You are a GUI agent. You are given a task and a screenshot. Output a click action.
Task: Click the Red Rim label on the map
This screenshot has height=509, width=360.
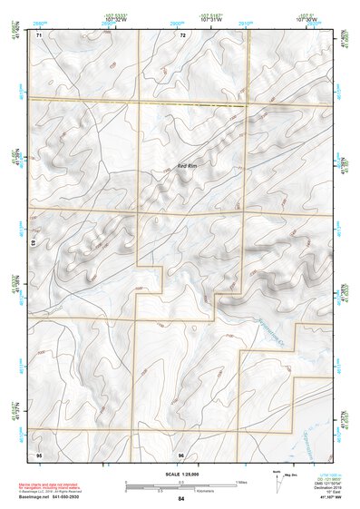[187, 166]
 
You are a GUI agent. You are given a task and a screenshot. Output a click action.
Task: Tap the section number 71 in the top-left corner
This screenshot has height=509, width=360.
[39, 35]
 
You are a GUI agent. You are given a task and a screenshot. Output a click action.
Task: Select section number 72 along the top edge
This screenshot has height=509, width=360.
[182, 35]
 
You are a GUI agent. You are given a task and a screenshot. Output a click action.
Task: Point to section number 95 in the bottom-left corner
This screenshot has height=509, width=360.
[39, 453]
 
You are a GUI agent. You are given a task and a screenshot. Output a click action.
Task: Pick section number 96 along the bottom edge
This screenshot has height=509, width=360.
[181, 453]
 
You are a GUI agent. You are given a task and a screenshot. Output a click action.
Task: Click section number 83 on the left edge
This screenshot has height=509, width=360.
[34, 243]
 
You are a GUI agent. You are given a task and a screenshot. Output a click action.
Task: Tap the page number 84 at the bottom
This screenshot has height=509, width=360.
[181, 499]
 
